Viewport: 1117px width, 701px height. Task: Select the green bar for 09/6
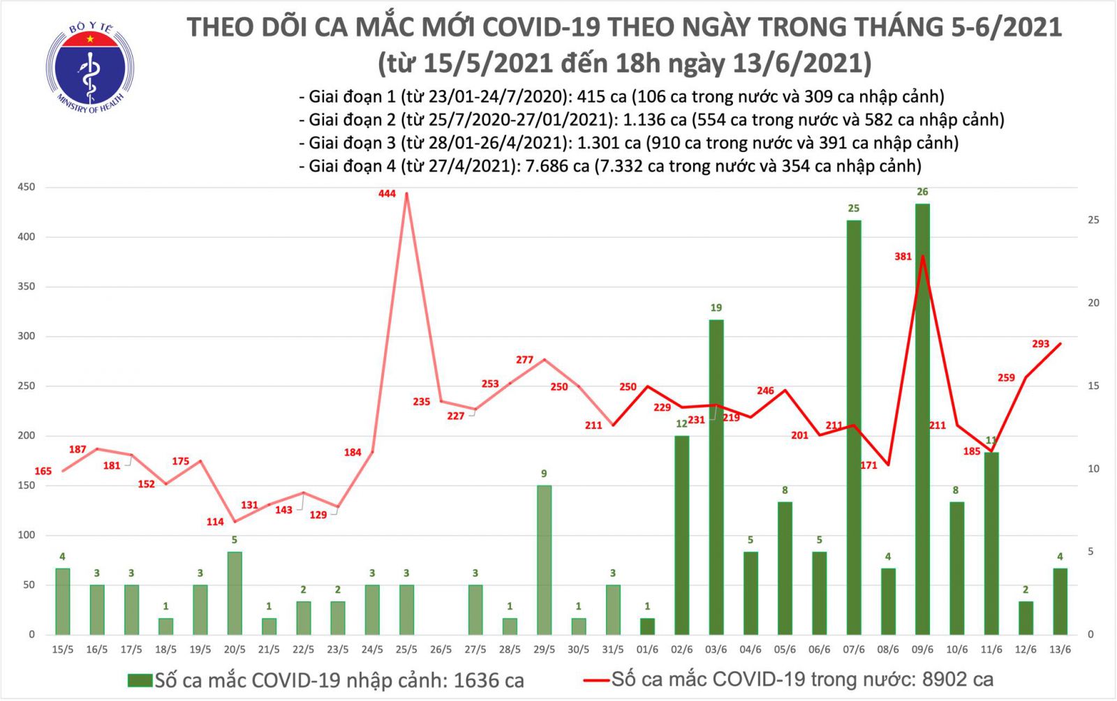[x=922, y=419]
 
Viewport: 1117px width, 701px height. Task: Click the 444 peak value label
[x=387, y=193]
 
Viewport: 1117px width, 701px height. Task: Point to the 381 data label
[x=903, y=257]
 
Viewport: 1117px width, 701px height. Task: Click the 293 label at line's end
[x=1040, y=344]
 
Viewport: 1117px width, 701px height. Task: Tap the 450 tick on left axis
[x=27, y=187]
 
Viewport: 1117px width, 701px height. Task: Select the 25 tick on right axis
[x=1093, y=220]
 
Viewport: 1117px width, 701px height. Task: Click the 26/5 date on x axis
[x=441, y=649]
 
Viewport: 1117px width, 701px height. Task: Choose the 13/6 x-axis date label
[x=1060, y=649]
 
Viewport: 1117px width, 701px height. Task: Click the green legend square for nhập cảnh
[x=140, y=680]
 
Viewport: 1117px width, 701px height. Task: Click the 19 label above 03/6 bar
[x=716, y=308]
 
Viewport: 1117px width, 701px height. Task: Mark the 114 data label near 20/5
[x=215, y=522]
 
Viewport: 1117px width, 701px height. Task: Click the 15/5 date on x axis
[x=63, y=649]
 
